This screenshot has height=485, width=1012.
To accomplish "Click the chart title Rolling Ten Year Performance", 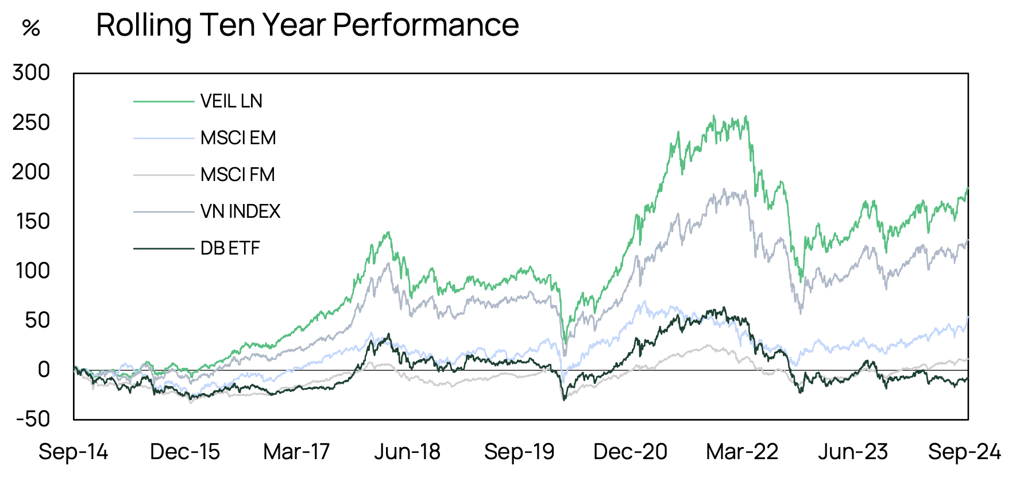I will pos(307,25).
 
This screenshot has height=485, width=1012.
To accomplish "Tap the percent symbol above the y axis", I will pos(31,28).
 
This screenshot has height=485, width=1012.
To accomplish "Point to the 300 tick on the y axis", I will pos(32,72).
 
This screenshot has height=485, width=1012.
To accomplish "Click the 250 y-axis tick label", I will pos(32,122).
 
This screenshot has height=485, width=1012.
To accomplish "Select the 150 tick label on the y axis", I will pos(33,221).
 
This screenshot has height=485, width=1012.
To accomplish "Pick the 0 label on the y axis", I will pos(44,369).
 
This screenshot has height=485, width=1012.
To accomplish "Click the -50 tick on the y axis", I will pos(33,419).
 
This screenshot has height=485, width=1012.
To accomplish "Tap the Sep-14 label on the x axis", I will pos(73,452).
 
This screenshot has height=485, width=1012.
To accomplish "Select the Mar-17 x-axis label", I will pos(296,452).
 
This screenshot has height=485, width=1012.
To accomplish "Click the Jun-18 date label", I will pos(407,452).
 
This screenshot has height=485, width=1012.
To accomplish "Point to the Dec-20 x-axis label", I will pos(630,452).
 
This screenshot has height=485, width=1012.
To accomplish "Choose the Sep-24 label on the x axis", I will pos(964,452).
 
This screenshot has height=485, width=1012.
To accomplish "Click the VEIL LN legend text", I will pos(231,101).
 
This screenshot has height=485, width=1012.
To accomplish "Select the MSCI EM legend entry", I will pos(238,138).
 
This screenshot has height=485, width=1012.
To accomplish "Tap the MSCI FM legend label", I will pos(237,175).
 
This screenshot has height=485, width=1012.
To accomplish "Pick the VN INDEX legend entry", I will pos(240,211).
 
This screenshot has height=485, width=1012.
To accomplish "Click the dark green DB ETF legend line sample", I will pos(164,248).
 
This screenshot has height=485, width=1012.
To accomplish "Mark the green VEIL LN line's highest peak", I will pos(714,116).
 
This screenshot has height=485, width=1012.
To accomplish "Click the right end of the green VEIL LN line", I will pos(968,188).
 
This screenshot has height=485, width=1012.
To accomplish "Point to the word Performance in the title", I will pos(426,25).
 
